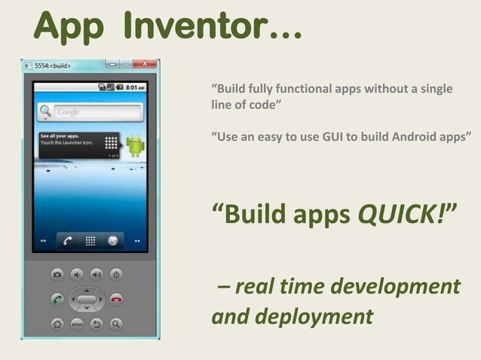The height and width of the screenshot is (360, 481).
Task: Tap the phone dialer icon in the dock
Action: (x=67, y=241)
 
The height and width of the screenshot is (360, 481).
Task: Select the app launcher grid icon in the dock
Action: (x=90, y=241)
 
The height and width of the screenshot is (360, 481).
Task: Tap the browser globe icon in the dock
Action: (x=113, y=241)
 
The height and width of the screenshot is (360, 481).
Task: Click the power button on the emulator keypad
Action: (x=116, y=275)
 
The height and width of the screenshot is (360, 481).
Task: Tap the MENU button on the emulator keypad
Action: (x=77, y=325)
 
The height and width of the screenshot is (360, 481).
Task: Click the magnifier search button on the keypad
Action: (x=116, y=325)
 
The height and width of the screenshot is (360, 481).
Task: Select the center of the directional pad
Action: (x=87, y=299)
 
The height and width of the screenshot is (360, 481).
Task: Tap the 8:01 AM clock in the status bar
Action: (x=134, y=87)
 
